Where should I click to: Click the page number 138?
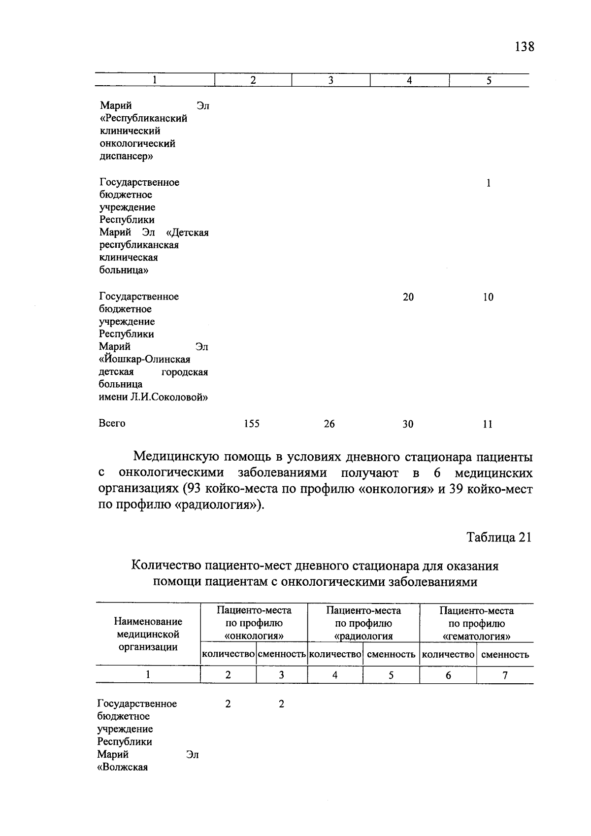point(524,47)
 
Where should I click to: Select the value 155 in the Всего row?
point(252,424)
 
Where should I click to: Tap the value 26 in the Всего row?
point(329,424)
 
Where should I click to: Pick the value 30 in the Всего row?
point(408,424)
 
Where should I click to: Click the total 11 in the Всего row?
point(488,424)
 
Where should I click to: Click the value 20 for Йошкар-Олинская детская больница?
point(408,297)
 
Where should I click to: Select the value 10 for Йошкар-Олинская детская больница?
point(488,297)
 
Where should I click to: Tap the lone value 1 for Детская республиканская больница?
point(488,183)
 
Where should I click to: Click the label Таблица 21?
point(499,537)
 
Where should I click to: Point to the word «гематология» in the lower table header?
point(476,636)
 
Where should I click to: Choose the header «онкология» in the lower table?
point(254,636)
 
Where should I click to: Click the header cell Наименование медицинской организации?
point(148,635)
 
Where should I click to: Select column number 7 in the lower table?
point(505,675)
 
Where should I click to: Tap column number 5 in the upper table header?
point(489,81)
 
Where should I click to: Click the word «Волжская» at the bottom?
point(123,767)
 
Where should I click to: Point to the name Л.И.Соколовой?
point(169,398)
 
